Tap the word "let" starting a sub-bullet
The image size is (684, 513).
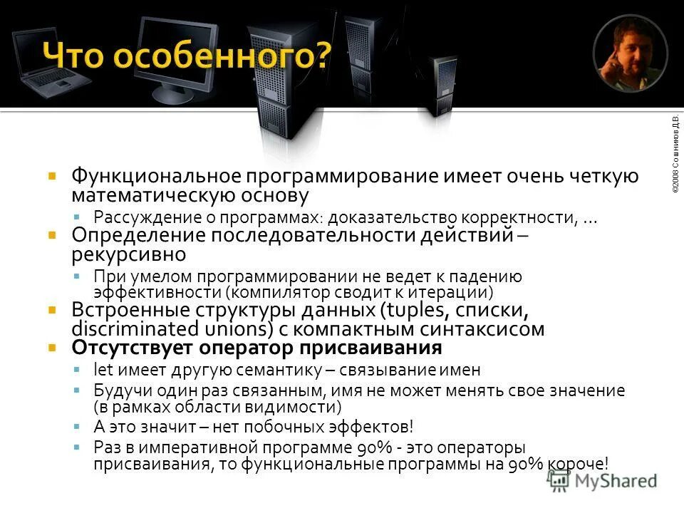tap(99, 370)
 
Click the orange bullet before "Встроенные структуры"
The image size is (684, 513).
tap(52, 311)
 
